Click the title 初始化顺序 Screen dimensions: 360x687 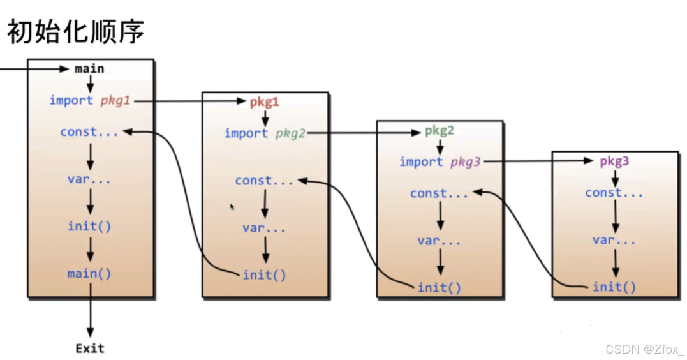pos(75,31)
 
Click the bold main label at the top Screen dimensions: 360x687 pos(89,68)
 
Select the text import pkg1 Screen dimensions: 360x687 pos(89,100)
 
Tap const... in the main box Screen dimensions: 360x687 pos(89,132)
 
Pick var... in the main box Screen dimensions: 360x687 pos(89,179)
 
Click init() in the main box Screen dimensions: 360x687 pos(89,227)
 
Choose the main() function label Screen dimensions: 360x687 pos(89,274)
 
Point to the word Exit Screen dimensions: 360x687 pos(89,349)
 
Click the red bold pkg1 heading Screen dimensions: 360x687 pos(264,101)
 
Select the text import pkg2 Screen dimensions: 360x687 pos(264,133)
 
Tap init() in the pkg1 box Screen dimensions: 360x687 pos(264,275)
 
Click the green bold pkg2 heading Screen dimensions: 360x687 pos(440,131)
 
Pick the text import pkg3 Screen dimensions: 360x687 pos(439,162)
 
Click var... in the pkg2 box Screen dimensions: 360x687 pos(439,241)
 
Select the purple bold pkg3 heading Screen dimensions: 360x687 pos(614,161)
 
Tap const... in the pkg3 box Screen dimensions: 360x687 pos(614,193)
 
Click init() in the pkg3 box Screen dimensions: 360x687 pos(614,287)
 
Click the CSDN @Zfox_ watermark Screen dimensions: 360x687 pos(644,349)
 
